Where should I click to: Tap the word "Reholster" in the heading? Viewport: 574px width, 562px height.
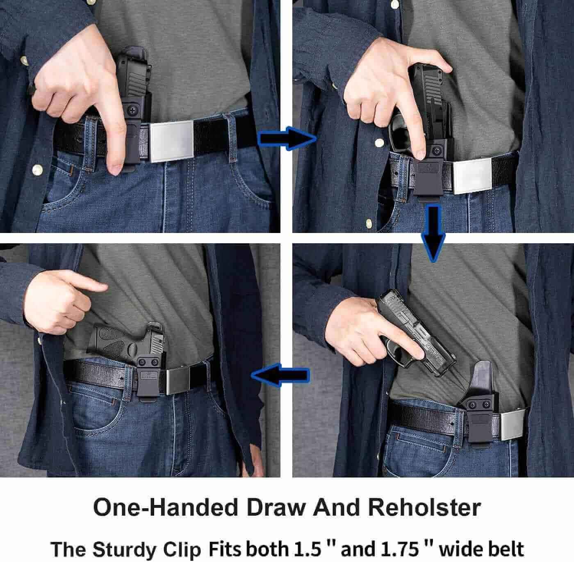(424, 507)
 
